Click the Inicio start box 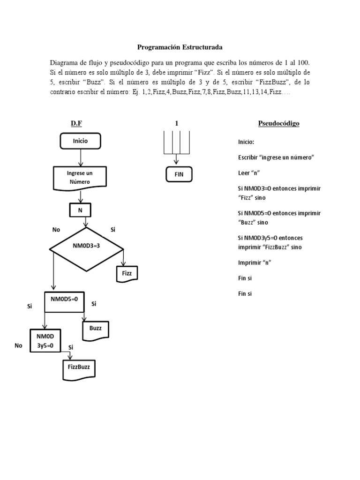tap(80, 141)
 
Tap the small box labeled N tap(80, 210)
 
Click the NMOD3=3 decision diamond tap(87, 245)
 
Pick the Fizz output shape tap(127, 273)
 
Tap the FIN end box tap(179, 174)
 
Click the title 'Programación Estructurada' tap(180, 47)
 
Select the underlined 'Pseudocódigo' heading tap(278, 124)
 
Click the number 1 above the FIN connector tap(176, 123)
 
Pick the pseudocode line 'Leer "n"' tap(249, 172)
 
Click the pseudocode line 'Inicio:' tap(246, 142)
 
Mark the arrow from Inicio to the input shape tap(81, 157)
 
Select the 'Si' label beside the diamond tap(112, 230)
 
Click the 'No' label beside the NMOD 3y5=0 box tap(19, 345)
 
